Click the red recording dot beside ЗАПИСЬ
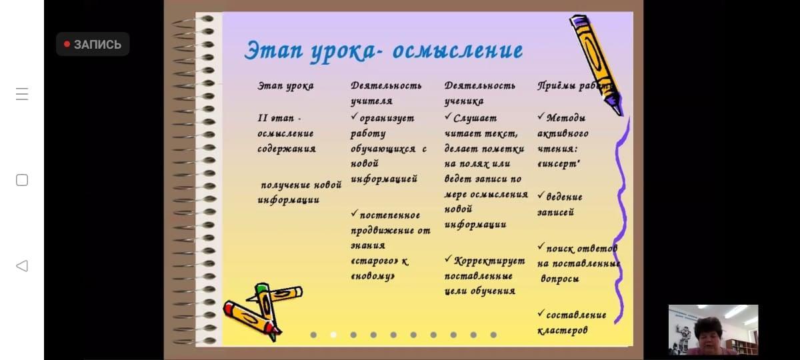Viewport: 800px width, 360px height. pyautogui.click(x=67, y=44)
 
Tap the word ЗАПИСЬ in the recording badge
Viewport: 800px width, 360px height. pyautogui.click(x=97, y=45)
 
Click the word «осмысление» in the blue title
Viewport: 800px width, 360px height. pyautogui.click(x=457, y=51)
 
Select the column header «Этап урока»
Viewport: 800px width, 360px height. pyautogui.click(x=286, y=86)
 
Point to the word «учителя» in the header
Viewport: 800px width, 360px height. pyautogui.click(x=371, y=101)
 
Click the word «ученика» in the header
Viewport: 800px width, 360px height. pyautogui.click(x=464, y=101)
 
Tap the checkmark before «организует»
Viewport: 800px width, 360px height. pyautogui.click(x=354, y=116)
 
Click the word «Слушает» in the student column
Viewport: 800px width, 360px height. pyautogui.click(x=475, y=118)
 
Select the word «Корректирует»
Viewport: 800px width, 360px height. pyautogui.click(x=489, y=261)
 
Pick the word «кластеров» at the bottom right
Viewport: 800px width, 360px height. pyautogui.click(x=563, y=331)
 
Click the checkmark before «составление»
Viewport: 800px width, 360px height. pyautogui.click(x=541, y=313)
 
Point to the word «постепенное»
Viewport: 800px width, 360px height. pyautogui.click(x=390, y=215)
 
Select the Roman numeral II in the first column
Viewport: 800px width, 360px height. pyautogui.click(x=263, y=118)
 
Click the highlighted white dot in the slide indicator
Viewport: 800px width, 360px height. pyautogui.click(x=333, y=335)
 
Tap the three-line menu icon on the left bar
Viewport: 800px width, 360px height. pyautogui.click(x=22, y=94)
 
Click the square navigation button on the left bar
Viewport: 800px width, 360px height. pyautogui.click(x=22, y=180)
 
